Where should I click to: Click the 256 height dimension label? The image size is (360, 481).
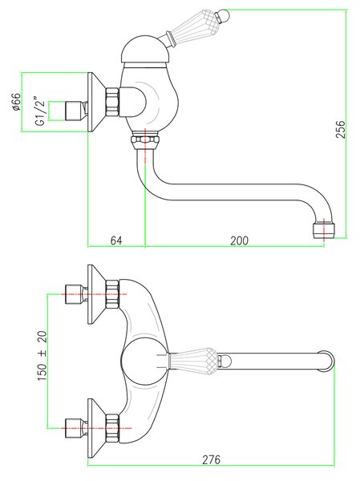pyautogui.click(x=341, y=129)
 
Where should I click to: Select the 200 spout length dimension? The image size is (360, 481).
pyautogui.click(x=240, y=240)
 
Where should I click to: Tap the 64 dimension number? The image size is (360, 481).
pyautogui.click(x=116, y=240)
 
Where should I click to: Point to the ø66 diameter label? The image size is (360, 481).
pyautogui.click(x=16, y=102)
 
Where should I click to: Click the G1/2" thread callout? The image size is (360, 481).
pyautogui.click(x=40, y=111)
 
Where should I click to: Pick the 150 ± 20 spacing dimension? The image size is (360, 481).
pyautogui.click(x=42, y=355)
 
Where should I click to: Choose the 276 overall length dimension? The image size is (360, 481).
pyautogui.click(x=211, y=459)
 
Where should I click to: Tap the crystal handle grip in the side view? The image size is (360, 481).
pyautogui.click(x=194, y=25)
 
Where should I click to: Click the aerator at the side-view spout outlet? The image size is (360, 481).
pyautogui.click(x=323, y=230)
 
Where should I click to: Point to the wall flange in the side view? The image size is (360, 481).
pyautogui.click(x=97, y=102)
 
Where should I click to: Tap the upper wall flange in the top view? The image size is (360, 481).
pyautogui.click(x=97, y=294)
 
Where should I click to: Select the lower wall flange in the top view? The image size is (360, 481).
pyautogui.click(x=97, y=429)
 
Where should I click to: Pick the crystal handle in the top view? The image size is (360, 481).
pyautogui.click(x=193, y=360)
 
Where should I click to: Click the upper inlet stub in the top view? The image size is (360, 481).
pyautogui.click(x=76, y=294)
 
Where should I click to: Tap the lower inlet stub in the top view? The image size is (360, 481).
pyautogui.click(x=76, y=428)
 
